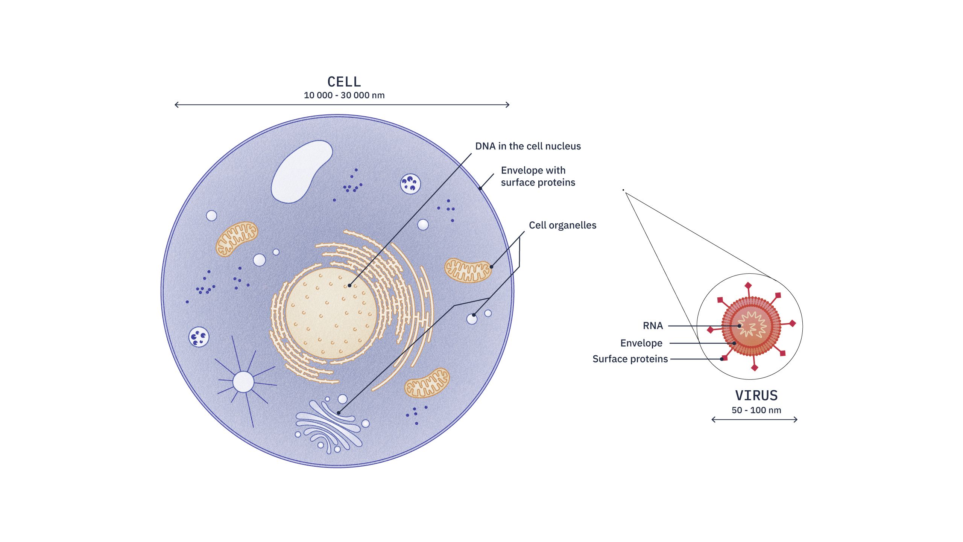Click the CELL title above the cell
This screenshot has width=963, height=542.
344,82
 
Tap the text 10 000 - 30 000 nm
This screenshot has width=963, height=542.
344,95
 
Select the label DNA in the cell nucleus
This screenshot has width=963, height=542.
528,146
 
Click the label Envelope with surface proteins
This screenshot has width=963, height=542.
538,176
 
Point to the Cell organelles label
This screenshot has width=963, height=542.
562,225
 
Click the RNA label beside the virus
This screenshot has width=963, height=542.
653,326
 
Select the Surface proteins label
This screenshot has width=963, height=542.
630,359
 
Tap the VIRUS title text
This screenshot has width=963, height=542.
756,395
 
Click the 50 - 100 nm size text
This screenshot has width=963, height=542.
756,410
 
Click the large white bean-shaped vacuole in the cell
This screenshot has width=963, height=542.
299,171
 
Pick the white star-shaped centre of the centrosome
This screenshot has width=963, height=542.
243,382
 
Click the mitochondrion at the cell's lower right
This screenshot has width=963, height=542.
427,383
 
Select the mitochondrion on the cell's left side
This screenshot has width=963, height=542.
237,239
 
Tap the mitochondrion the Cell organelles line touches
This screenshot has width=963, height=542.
468,270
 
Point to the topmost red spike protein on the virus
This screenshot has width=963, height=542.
748,286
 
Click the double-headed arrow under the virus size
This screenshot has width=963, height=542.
754,419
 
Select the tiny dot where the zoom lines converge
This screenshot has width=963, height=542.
623,190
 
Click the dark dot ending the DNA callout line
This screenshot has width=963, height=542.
349,286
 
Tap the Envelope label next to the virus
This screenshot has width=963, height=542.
641,343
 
